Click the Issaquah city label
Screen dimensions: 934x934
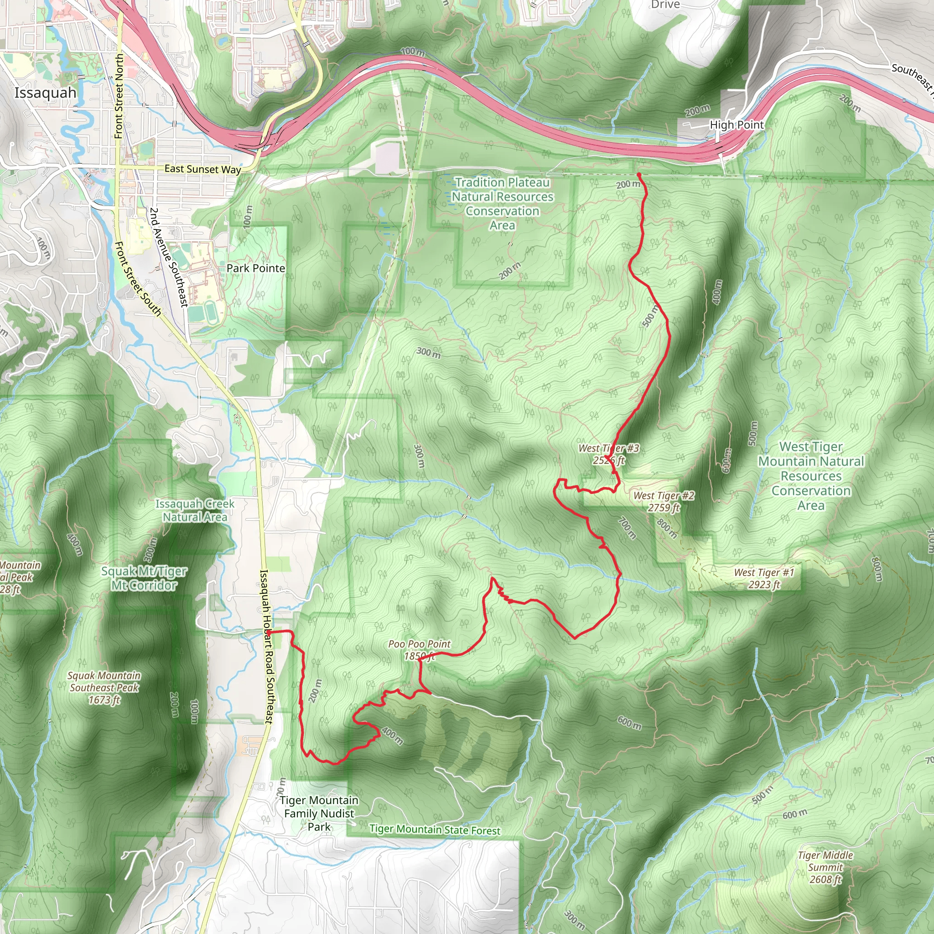pos(46,93)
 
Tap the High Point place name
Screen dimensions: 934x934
pos(736,125)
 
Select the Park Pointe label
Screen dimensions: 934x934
pos(256,268)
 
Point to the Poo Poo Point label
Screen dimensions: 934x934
pos(419,650)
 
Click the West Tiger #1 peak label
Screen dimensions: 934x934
pos(764,578)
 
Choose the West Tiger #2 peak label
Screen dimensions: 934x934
pos(664,501)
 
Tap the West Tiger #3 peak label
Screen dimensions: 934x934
pos(609,454)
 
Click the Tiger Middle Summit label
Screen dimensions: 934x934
pos(825,867)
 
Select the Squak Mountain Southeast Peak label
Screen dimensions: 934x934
pos(104,687)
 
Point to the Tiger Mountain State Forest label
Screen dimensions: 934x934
pos(435,830)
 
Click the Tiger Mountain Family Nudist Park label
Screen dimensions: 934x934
pos(319,814)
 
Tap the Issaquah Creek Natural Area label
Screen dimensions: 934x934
pos(195,510)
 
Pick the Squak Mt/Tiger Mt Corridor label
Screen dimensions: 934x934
pos(144,578)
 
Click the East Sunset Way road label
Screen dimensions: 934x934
pos(202,169)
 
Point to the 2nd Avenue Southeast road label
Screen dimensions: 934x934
pos(168,257)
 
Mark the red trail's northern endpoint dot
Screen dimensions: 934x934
pos(638,175)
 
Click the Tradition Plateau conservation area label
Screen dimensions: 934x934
pos(502,203)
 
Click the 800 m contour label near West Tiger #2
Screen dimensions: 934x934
pos(667,528)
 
